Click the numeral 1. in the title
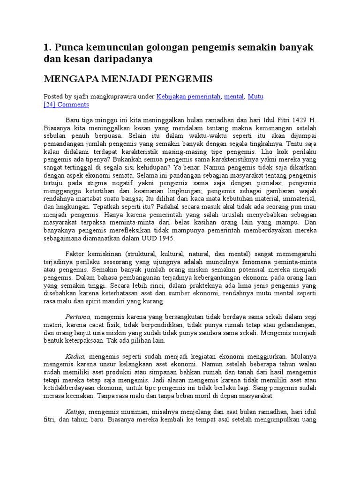[x=46, y=48]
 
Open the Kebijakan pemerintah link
[x=188, y=97]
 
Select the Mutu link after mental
[x=255, y=97]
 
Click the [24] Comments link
[x=66, y=105]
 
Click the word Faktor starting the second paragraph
[x=76, y=253]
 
